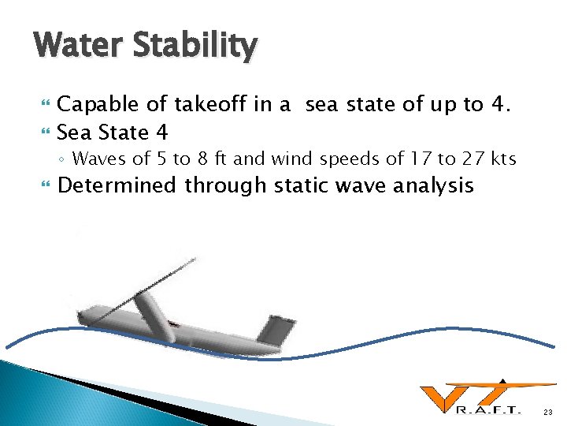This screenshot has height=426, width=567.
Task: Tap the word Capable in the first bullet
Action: click(x=96, y=105)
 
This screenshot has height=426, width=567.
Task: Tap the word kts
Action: click(x=501, y=159)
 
